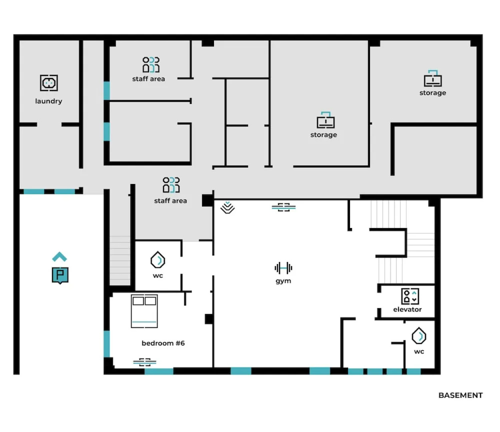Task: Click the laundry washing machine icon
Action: [49, 83]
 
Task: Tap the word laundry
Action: [49, 101]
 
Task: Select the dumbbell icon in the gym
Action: [283, 268]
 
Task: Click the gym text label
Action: [283, 281]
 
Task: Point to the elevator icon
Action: [410, 296]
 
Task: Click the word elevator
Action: [407, 310]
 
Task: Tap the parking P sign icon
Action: [60, 275]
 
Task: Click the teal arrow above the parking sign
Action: [60, 256]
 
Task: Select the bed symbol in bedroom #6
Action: [144, 311]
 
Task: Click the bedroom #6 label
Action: [163, 343]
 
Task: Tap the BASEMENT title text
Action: [460, 395]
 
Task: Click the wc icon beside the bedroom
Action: [158, 260]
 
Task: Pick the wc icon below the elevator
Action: [419, 336]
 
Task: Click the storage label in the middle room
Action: [324, 135]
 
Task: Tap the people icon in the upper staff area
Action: [151, 64]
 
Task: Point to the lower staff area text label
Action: [170, 201]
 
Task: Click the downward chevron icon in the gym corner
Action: [228, 208]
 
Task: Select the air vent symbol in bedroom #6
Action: [145, 362]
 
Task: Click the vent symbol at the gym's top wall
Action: [284, 207]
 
